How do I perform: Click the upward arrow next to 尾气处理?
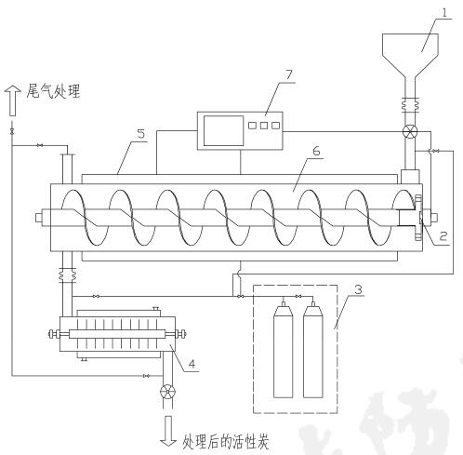(13, 94)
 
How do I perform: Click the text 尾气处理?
(54, 92)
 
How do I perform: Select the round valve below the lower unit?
(168, 391)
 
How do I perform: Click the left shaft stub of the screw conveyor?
(40, 220)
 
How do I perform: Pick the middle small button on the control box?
(264, 124)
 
